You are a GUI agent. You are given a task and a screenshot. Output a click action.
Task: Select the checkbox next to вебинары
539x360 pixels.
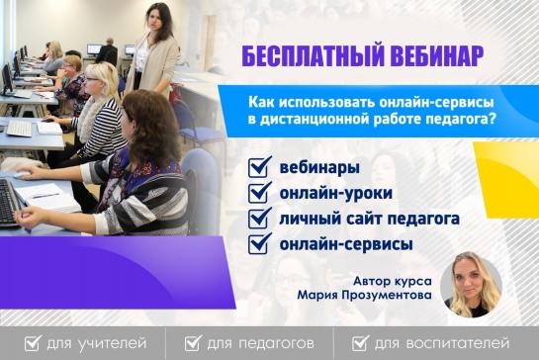click(259, 167)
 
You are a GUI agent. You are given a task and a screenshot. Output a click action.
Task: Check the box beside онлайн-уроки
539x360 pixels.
click(259, 193)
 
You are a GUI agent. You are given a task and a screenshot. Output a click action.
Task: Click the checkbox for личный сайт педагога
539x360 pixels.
click(259, 218)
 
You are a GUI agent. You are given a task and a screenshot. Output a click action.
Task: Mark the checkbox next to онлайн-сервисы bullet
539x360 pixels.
click(259, 243)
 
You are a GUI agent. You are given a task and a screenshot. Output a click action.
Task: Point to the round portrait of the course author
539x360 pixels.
click(472, 285)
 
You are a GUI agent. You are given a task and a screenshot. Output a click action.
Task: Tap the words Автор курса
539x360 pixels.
click(393, 281)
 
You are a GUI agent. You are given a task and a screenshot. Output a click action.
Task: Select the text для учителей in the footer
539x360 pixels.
click(97, 343)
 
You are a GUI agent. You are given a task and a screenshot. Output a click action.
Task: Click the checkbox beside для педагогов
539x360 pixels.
click(193, 343)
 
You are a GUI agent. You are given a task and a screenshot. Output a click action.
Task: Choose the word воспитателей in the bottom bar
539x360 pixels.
click(458, 343)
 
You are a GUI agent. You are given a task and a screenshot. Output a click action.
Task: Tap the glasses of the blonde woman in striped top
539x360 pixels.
click(91, 79)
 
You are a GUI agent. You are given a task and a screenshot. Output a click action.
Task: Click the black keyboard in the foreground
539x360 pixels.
click(8, 204)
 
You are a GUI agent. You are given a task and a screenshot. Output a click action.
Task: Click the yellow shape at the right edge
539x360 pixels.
click(506, 180)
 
